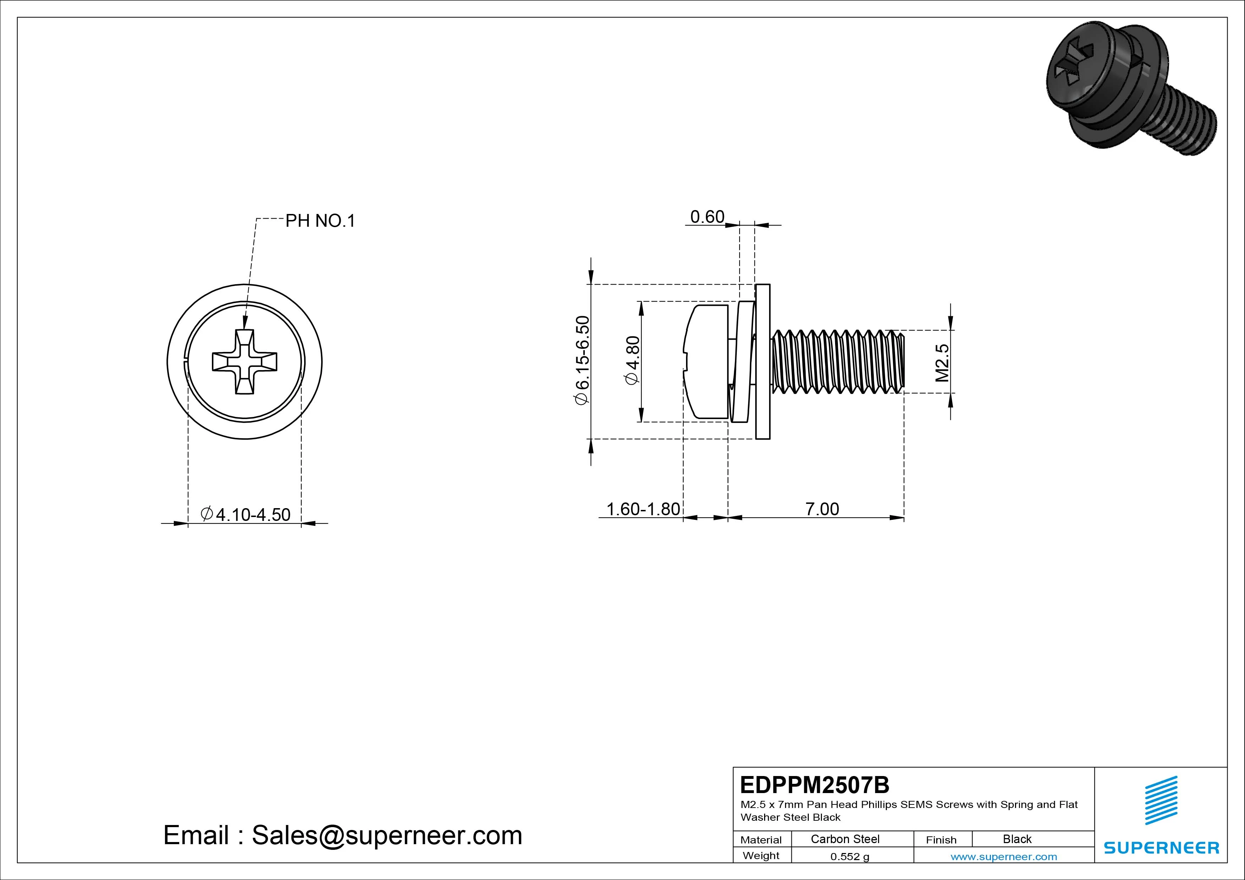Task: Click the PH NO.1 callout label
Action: click(320, 221)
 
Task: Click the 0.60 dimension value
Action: click(707, 217)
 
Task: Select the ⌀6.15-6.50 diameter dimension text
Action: click(582, 360)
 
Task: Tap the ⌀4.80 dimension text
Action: click(633, 361)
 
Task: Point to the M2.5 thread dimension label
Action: click(942, 362)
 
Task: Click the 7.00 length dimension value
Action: click(822, 509)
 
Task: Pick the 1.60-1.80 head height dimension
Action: click(643, 509)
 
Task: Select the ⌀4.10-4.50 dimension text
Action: click(245, 514)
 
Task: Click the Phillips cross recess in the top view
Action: click(245, 362)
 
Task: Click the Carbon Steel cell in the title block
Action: click(845, 839)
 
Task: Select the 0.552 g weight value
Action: click(850, 857)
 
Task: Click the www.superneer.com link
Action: click(1004, 857)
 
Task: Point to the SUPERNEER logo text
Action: click(1161, 847)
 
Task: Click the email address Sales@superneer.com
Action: click(386, 835)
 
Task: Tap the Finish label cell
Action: click(941, 839)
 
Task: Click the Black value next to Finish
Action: click(1017, 839)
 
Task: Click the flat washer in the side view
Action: click(762, 362)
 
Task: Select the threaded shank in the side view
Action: click(838, 362)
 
